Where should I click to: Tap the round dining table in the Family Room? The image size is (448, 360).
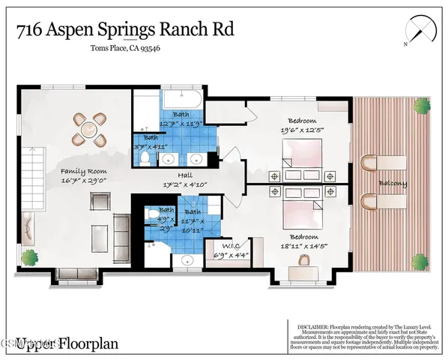(x=89, y=128)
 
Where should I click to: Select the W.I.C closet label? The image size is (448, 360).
(x=229, y=246)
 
